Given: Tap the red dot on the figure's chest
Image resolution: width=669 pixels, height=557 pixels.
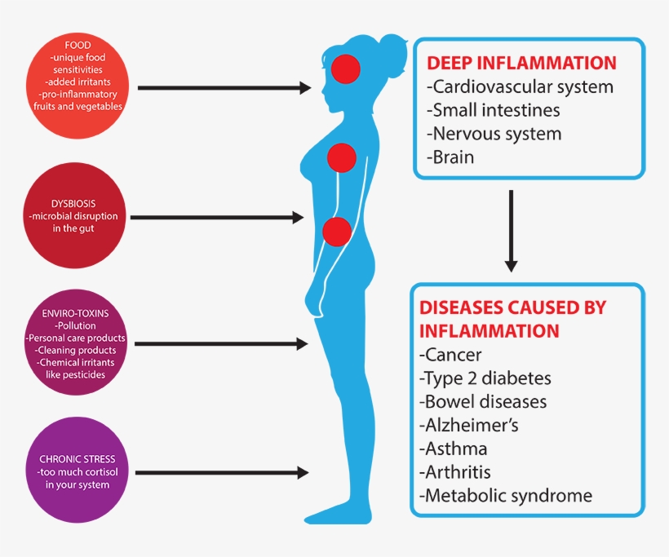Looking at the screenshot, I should [x=341, y=157].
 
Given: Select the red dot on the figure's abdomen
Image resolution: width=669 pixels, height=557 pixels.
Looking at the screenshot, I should [x=337, y=232].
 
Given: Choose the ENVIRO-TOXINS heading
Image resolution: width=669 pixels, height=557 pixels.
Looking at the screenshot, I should [x=76, y=313].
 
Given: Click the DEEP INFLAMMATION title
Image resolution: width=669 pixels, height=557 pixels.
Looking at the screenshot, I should [x=521, y=64].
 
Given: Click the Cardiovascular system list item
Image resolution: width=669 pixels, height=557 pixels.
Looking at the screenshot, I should [x=520, y=86].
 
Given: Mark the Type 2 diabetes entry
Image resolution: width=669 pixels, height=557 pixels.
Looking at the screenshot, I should [x=485, y=378].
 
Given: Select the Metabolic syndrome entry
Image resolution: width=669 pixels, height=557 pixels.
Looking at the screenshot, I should [x=506, y=495].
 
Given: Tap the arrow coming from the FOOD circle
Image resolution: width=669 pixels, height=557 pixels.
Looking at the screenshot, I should [x=224, y=88].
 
